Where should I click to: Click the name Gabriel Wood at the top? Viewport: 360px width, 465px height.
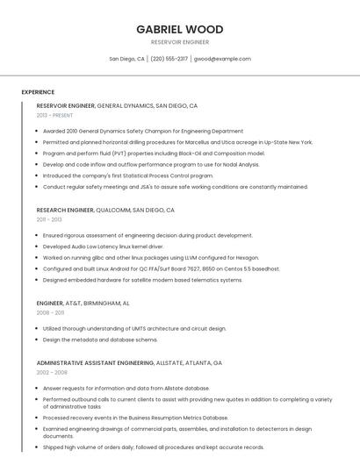click(x=179, y=29)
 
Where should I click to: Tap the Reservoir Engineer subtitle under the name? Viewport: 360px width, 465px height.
click(x=179, y=41)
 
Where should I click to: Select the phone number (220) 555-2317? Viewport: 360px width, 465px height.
click(x=169, y=59)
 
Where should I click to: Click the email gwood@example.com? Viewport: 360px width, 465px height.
click(x=222, y=59)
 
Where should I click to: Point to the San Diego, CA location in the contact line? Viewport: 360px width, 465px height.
click(x=126, y=59)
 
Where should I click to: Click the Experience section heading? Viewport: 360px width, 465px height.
click(x=38, y=92)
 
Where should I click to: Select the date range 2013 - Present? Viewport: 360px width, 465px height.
click(x=54, y=115)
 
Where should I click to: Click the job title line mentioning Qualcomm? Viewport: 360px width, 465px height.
click(x=105, y=210)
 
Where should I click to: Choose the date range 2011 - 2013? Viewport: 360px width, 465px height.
click(x=49, y=219)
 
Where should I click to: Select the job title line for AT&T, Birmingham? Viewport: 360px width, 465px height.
click(x=83, y=303)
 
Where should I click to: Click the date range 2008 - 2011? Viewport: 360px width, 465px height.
click(x=50, y=312)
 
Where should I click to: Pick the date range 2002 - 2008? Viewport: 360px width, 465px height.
click(x=52, y=372)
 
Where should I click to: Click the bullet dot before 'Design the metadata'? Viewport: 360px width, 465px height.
click(x=38, y=340)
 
